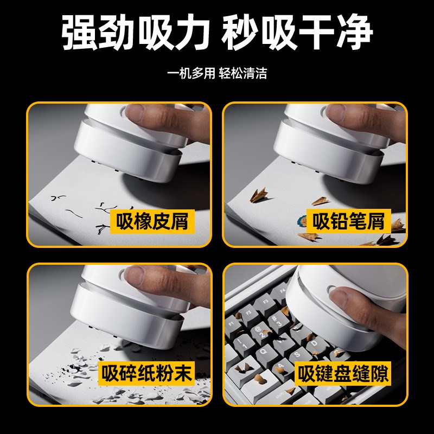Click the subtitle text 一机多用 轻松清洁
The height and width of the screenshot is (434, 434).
pos(217,74)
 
